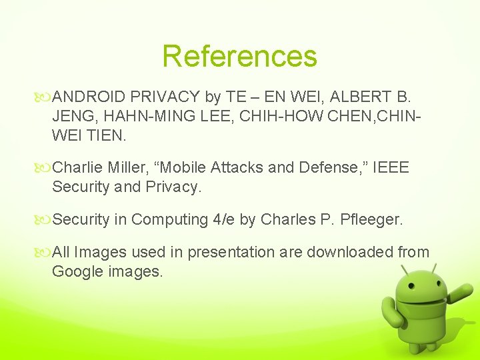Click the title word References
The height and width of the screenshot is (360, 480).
coord(239,56)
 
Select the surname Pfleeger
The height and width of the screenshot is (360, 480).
coord(371,219)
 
